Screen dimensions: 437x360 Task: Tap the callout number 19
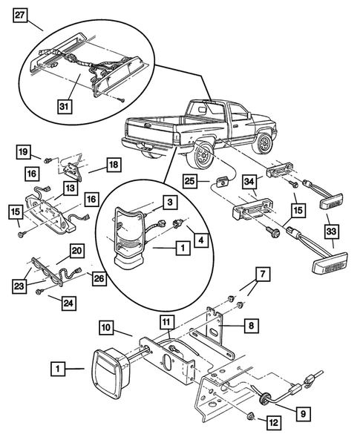(x=24, y=154)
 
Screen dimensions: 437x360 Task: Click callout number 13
(x=68, y=190)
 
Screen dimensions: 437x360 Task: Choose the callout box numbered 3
(x=169, y=202)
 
